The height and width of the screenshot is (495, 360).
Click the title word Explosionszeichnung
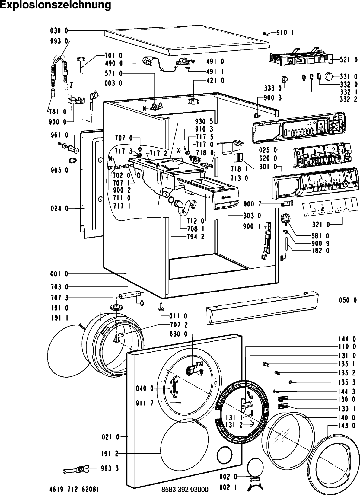coord(56,5)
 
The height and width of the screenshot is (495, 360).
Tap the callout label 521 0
coord(349,60)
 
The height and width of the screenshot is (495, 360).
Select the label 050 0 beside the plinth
coord(348,300)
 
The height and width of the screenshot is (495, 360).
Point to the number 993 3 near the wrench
coord(110,468)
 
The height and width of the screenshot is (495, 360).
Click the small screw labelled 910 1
coord(266,34)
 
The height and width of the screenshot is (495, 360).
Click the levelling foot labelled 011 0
coord(161,307)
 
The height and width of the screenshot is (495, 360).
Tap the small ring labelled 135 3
coord(291,382)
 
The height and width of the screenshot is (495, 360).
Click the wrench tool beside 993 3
coord(76,469)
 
